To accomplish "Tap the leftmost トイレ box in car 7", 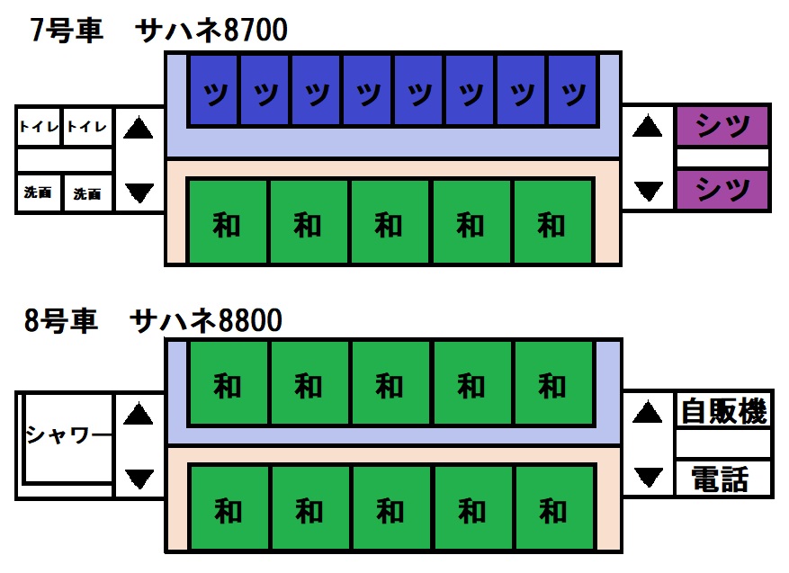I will tap(39, 128).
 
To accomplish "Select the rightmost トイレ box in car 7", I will tap(87, 128).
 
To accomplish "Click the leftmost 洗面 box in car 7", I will tap(39, 192).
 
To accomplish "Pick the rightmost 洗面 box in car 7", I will tap(87, 192).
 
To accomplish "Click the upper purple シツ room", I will tap(723, 127).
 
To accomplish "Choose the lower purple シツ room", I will tap(723, 190).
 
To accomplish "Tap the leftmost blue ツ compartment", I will tap(213, 90).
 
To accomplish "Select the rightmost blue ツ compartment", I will tap(573, 90).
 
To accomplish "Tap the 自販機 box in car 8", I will tap(723, 412).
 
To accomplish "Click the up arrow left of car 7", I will tap(138, 129).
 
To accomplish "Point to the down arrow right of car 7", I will tap(647, 191).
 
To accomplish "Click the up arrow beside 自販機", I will tap(647, 414).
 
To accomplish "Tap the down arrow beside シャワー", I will tap(138, 477).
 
